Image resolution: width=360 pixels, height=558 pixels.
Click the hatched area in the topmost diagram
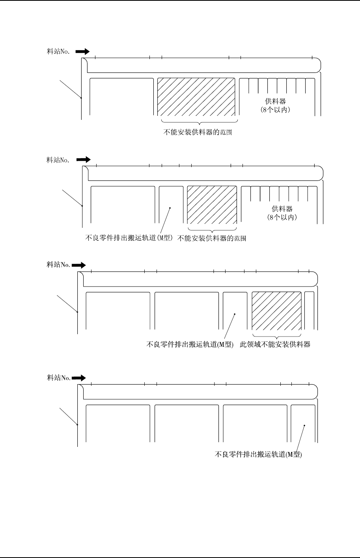pyautogui.click(x=196, y=97)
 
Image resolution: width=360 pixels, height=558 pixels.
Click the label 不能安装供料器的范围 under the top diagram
pyautogui.click(x=198, y=133)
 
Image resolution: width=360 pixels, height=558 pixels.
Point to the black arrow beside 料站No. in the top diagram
pyautogui.click(x=82, y=51)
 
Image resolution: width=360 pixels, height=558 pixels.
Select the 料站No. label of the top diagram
pyautogui.click(x=58, y=52)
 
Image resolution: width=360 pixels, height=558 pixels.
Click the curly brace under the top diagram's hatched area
pyautogui.click(x=199, y=123)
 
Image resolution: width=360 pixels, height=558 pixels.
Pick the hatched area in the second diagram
pyautogui.click(x=212, y=205)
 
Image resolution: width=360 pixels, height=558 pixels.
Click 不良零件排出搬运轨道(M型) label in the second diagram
pyautogui.click(x=130, y=238)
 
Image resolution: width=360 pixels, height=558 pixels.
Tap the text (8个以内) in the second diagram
pyautogui.click(x=282, y=217)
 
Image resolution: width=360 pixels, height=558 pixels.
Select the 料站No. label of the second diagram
pyautogui.click(x=58, y=160)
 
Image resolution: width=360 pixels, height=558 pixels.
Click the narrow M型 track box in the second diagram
pyautogui.click(x=171, y=205)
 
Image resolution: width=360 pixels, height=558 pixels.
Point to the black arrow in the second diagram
pyautogui.click(x=83, y=160)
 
